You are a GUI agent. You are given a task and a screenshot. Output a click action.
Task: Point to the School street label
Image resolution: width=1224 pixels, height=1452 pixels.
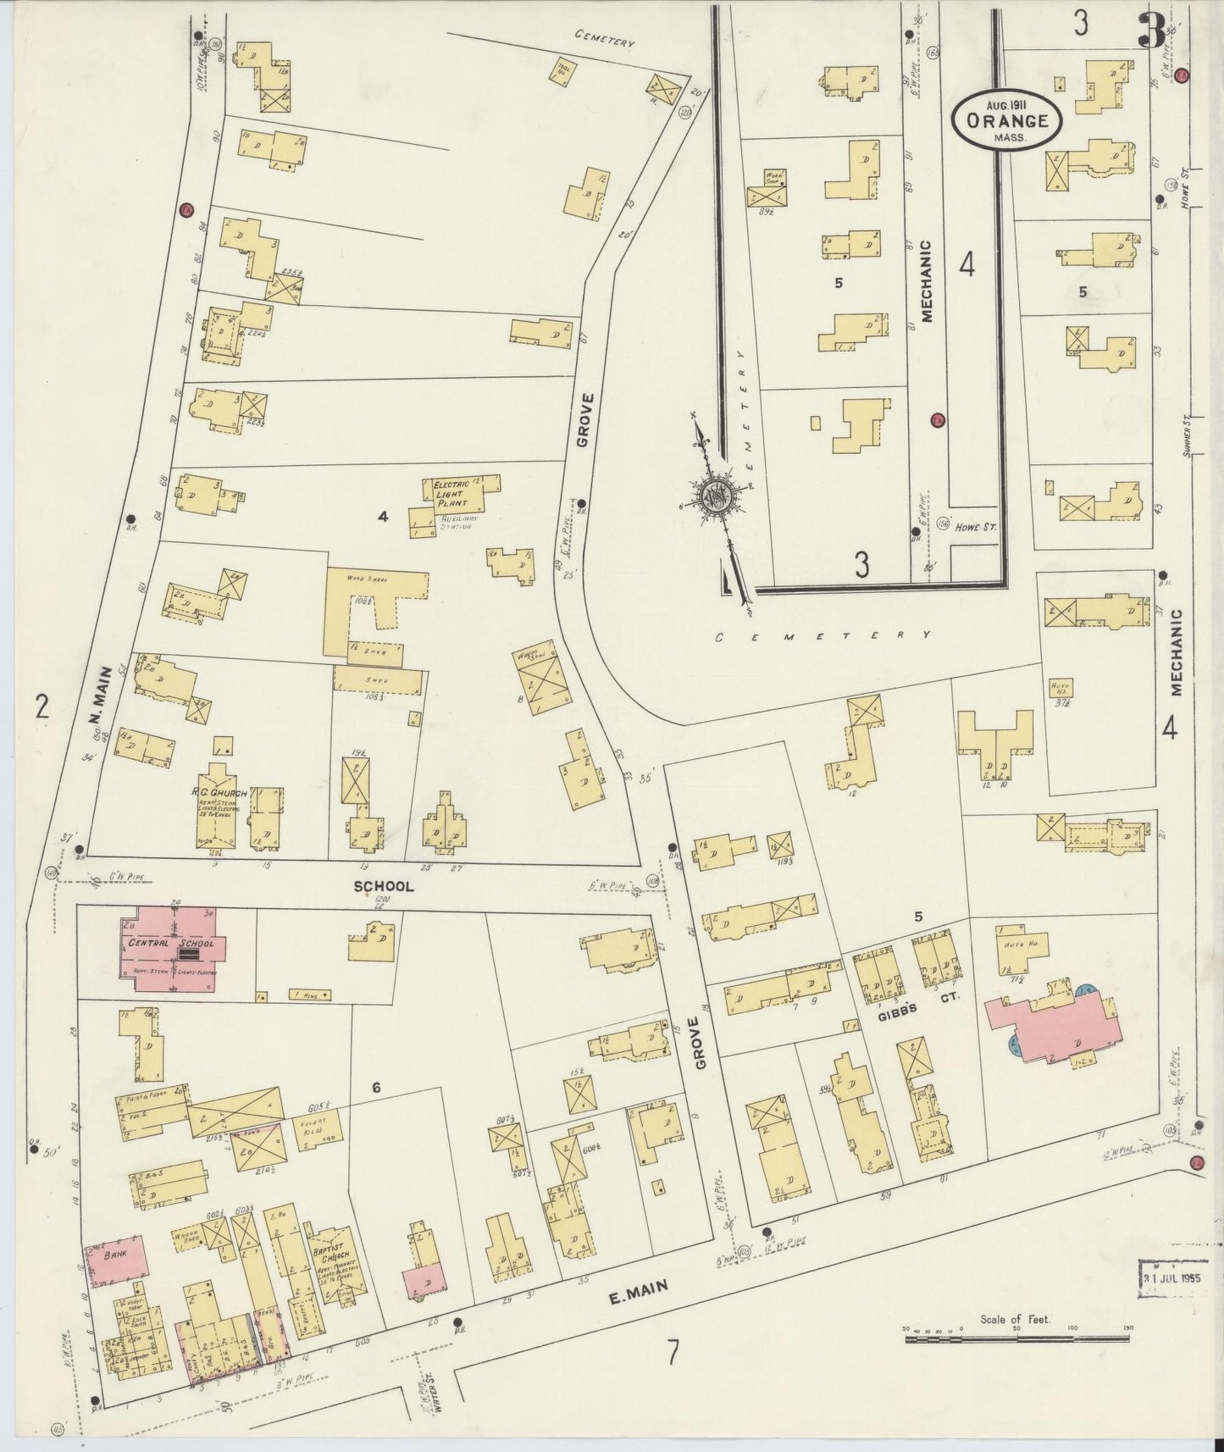coord(384,886)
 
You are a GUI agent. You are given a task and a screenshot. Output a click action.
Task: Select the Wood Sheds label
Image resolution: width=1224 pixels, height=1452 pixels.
coord(367,579)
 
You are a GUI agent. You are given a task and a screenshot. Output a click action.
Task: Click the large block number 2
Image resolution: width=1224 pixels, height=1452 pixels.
coord(41,705)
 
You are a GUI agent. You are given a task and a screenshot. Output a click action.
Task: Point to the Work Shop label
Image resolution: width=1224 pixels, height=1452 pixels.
coord(774,179)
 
